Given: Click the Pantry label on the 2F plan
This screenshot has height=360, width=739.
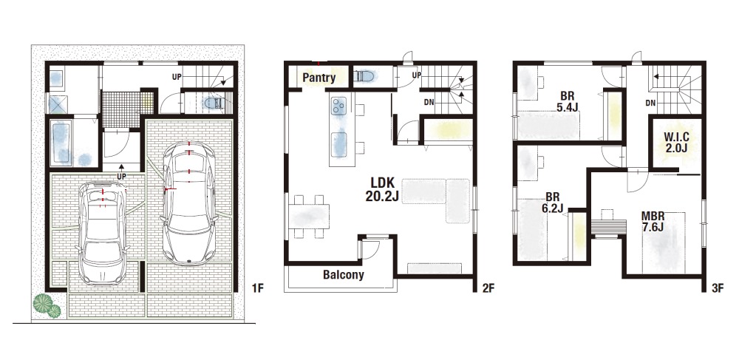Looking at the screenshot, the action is (x=319, y=78).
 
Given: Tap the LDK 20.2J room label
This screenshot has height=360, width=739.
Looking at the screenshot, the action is (x=382, y=189).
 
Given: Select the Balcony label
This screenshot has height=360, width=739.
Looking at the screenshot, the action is (x=343, y=275).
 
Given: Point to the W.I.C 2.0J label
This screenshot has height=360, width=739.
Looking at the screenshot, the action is (x=676, y=143).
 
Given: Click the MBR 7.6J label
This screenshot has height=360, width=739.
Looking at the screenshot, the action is (x=653, y=222).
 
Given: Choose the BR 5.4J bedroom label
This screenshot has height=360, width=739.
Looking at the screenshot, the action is (x=567, y=101).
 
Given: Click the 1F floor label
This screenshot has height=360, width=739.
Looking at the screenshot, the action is (x=257, y=288).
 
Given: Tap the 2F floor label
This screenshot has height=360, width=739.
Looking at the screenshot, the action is (x=488, y=288).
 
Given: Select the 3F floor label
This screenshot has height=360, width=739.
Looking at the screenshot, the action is (x=718, y=288).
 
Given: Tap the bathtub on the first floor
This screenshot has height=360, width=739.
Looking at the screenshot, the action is (x=61, y=143).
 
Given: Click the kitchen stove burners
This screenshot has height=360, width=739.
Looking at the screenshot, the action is (x=339, y=106).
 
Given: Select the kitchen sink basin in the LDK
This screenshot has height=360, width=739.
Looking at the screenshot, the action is (x=339, y=145).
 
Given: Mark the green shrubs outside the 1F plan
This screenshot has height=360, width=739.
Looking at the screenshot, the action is (x=47, y=305).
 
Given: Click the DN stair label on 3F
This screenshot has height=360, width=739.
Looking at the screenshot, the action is (x=650, y=103).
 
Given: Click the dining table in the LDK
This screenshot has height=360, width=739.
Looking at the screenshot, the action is (x=309, y=217).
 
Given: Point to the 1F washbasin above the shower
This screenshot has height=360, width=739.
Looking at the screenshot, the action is (x=56, y=78).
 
